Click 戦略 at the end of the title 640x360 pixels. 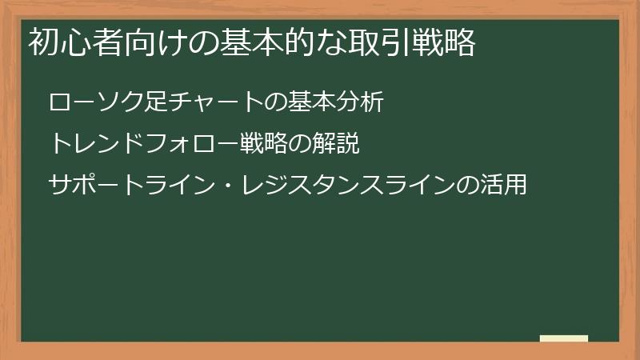click(445, 42)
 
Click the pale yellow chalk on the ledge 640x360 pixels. click(564, 338)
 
